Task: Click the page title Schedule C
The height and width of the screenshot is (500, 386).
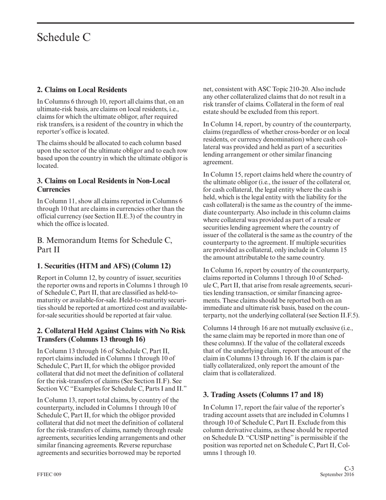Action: tap(64, 37)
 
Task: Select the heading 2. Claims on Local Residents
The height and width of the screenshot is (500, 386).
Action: tap(82, 89)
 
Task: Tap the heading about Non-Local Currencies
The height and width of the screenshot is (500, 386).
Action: tap(103, 185)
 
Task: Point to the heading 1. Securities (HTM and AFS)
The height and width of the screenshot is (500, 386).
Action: tap(104, 266)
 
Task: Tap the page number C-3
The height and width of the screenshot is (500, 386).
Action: tap(349, 469)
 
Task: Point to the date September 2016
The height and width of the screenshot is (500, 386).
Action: tap(337, 474)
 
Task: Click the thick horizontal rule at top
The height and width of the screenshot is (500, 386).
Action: tap(195, 23)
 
